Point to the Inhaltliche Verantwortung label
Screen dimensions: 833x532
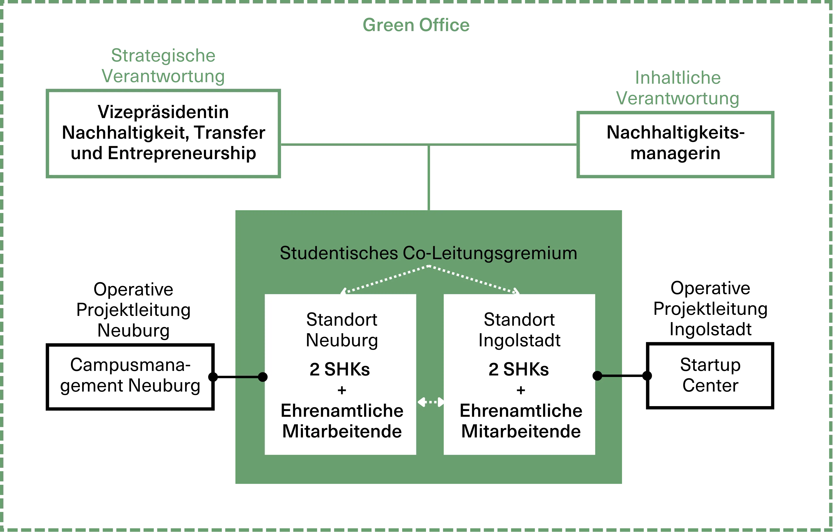[678, 88]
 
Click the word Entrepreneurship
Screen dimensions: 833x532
[182, 153]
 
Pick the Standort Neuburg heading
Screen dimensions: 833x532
[342, 330]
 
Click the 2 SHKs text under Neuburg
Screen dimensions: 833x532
[340, 369]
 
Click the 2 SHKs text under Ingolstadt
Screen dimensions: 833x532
[519, 369]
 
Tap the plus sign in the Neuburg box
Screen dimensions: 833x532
[342, 390]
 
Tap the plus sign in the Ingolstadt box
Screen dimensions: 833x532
[521, 390]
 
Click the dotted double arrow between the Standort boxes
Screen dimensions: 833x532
[430, 402]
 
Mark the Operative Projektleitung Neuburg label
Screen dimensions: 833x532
[133, 310]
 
